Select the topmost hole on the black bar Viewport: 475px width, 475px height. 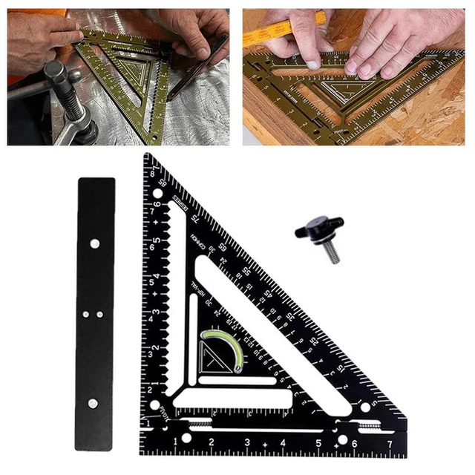tap(95, 243)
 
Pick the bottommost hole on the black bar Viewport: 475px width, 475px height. tap(93, 403)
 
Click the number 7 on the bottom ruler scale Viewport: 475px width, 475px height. tap(390, 445)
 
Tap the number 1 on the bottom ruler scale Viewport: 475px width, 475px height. tap(176, 444)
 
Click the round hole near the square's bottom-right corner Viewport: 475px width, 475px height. tap(364, 407)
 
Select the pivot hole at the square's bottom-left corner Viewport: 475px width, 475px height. tap(157, 407)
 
